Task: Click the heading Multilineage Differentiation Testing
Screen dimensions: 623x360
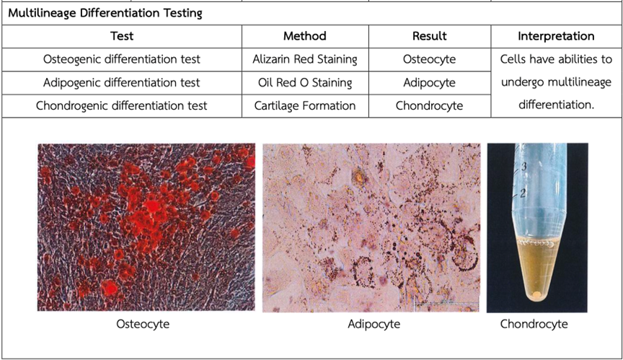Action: (105, 13)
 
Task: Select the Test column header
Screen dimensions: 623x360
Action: (122, 36)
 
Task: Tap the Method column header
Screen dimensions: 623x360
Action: (305, 36)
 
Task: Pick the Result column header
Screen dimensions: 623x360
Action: (430, 36)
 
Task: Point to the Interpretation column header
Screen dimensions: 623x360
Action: (556, 36)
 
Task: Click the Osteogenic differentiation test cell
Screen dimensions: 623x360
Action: (122, 59)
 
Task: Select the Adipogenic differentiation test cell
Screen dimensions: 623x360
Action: (122, 83)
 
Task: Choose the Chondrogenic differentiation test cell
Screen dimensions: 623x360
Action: (122, 106)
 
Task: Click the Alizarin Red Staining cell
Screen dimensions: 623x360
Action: (305, 59)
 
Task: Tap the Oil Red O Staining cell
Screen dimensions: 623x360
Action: (305, 83)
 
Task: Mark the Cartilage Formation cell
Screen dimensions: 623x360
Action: (305, 106)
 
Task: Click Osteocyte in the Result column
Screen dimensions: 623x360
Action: (430, 59)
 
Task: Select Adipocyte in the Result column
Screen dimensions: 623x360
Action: (430, 83)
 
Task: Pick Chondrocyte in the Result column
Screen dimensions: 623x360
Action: (430, 106)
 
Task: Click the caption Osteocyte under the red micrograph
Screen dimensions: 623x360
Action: (143, 324)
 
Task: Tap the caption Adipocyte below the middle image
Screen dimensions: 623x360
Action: (374, 324)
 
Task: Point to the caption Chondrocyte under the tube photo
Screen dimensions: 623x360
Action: (534, 324)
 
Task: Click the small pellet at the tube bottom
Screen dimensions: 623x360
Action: (536, 295)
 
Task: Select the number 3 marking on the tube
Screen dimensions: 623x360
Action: (523, 167)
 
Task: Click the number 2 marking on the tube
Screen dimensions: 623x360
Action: (523, 193)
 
